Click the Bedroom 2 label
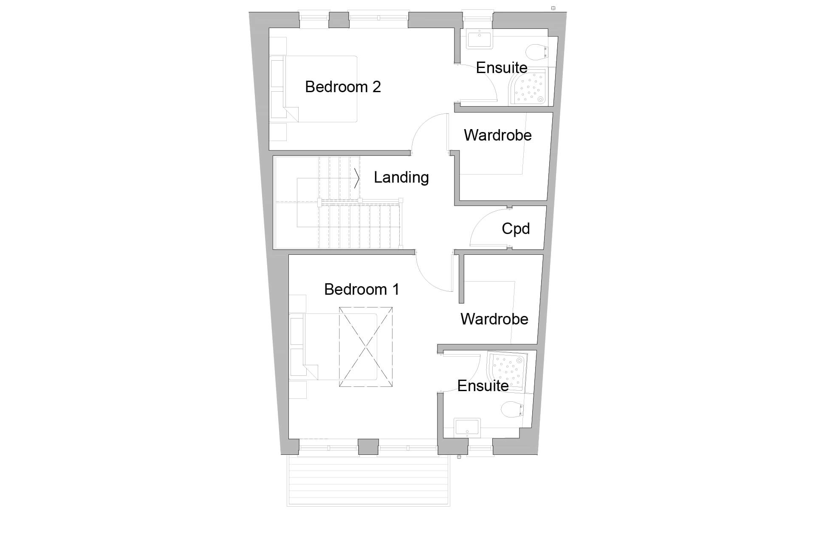(x=343, y=87)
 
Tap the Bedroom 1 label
(x=361, y=290)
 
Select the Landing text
(x=401, y=178)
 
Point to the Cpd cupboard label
(x=516, y=229)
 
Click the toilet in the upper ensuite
(x=536, y=53)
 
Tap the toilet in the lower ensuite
(x=511, y=410)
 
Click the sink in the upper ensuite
(x=479, y=40)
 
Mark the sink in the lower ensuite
(x=467, y=428)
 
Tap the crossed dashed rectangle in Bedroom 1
(x=365, y=347)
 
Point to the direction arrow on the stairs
(x=357, y=178)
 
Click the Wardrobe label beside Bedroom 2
(x=497, y=135)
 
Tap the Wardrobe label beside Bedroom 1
(x=494, y=319)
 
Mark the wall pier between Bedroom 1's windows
(x=368, y=447)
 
